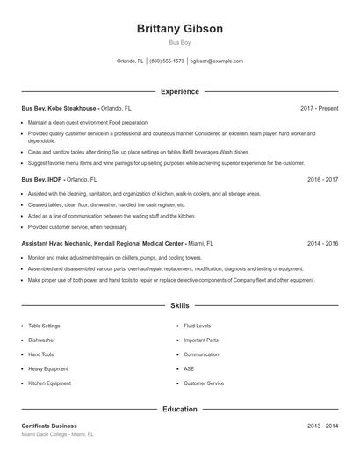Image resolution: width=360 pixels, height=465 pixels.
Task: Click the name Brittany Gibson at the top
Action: (x=180, y=28)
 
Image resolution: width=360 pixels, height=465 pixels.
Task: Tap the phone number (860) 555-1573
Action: (x=167, y=61)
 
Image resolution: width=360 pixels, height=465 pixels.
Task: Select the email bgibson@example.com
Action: (x=216, y=61)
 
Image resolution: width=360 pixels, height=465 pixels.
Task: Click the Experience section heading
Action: (x=180, y=91)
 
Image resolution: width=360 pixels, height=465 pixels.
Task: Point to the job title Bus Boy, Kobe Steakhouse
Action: (x=60, y=108)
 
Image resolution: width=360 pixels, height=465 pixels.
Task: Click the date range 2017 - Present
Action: (x=319, y=108)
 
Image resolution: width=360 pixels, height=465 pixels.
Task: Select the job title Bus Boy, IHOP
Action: (x=41, y=179)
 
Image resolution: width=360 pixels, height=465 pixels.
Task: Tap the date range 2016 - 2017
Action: (x=322, y=179)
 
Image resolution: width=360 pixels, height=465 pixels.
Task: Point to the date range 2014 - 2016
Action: (x=322, y=243)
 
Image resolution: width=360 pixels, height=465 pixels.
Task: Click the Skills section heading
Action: (x=180, y=305)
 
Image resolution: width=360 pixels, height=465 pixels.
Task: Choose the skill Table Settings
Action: (x=44, y=325)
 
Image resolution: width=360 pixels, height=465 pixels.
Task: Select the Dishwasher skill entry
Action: (x=41, y=340)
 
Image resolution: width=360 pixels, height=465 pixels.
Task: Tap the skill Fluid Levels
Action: (x=197, y=325)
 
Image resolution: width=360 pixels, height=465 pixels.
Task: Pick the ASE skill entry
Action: (x=188, y=368)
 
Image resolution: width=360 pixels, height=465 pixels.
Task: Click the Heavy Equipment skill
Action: (x=47, y=368)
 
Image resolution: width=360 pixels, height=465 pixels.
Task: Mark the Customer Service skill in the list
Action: (x=204, y=383)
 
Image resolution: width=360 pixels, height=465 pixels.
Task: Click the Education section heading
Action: (x=180, y=409)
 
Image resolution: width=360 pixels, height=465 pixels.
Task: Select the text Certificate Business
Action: (x=49, y=426)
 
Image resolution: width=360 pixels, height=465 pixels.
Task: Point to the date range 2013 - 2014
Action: (x=322, y=426)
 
